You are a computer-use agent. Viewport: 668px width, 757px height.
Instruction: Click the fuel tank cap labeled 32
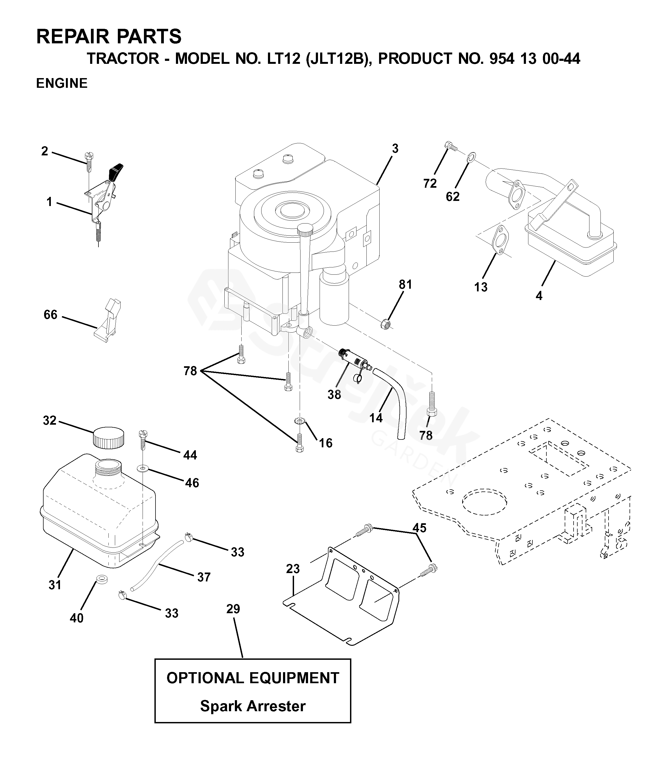click(108, 438)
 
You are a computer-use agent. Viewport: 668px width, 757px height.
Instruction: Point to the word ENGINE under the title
click(62, 83)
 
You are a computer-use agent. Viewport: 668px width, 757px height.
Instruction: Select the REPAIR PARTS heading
click(109, 36)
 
